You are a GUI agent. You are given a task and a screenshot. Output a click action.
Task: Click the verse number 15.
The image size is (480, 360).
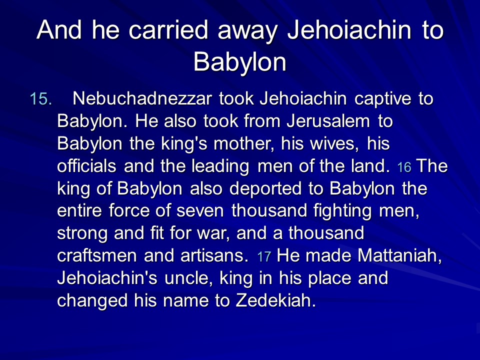click(40, 99)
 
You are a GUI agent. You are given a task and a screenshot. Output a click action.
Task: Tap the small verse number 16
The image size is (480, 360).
click(404, 167)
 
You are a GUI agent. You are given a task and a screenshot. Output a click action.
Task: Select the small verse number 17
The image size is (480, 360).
click(264, 256)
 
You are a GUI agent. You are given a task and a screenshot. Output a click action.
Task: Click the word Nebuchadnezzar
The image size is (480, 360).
click(142, 98)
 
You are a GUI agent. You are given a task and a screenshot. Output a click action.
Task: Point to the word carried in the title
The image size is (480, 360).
click(168, 30)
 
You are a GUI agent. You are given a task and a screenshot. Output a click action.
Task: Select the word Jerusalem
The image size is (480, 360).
click(328, 121)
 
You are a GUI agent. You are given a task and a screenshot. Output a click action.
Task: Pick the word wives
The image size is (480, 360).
click(334, 143)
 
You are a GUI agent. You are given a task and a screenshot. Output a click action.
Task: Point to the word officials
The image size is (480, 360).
click(86, 166)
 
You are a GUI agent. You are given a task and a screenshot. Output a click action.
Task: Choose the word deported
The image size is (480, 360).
click(265, 189)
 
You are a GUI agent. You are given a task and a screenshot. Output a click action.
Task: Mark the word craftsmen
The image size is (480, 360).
click(96, 255)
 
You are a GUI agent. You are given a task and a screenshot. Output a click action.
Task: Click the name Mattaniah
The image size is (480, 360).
click(399, 256)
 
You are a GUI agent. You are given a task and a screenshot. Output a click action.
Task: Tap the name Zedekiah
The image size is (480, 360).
click(275, 300)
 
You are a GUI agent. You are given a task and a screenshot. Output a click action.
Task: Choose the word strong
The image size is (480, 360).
click(82, 234)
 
